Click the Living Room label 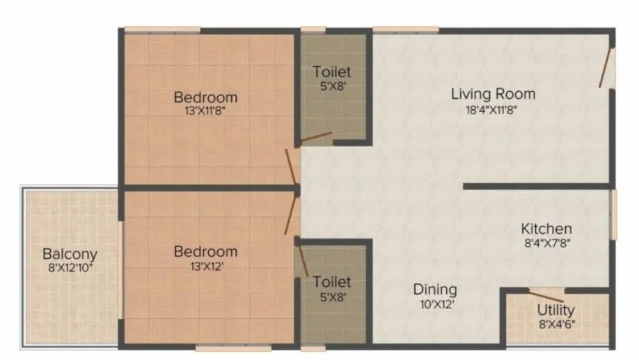493,93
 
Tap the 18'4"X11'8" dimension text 493,109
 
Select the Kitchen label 546,228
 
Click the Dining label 435,289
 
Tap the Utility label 555,310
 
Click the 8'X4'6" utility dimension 555,324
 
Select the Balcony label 70,254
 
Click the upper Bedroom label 205,97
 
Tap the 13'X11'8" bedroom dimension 205,110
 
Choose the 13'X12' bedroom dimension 205,266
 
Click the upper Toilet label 332,72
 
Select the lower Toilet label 332,282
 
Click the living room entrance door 606,68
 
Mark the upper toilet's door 315,138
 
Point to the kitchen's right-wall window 613,214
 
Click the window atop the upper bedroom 162,29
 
